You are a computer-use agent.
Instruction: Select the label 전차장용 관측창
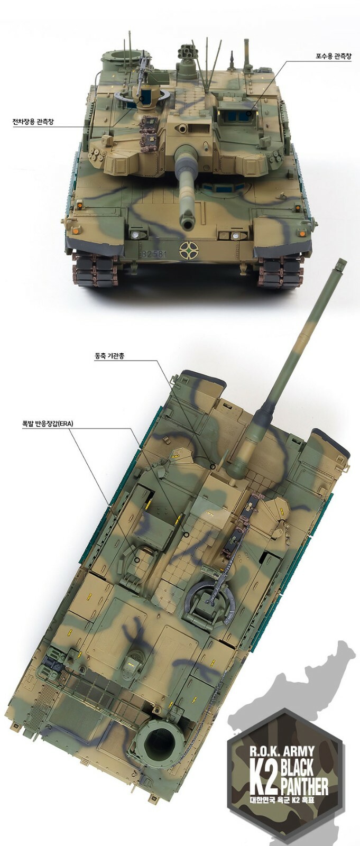[33, 122]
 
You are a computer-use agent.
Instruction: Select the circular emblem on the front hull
[188, 249]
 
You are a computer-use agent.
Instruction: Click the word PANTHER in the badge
[303, 786]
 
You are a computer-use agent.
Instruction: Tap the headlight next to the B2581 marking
[135, 235]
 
